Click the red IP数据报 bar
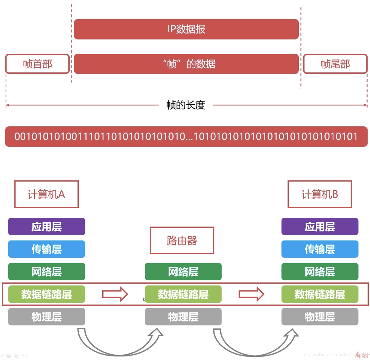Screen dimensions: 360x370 [186, 29]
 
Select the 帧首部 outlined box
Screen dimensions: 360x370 [37, 64]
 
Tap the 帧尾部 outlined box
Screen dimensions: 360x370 [335, 64]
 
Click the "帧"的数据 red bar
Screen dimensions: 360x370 [186, 64]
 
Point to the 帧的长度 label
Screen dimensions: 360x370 [186, 105]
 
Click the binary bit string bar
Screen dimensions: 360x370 [186, 137]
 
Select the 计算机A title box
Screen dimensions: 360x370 [46, 194]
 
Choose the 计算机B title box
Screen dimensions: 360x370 [320, 194]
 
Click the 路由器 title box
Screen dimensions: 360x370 [182, 241]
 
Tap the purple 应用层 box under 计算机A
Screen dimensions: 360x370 [46, 227]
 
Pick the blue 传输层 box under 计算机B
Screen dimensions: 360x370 [320, 249]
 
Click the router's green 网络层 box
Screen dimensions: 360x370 [183, 272]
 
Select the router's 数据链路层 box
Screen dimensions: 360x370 [183, 294]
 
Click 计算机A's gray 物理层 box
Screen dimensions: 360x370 [46, 317]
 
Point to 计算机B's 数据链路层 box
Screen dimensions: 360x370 [320, 294]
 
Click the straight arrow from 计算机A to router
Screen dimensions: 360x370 [115, 294]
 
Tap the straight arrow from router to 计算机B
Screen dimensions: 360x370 [251, 294]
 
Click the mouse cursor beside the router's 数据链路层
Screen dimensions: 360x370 [144, 299]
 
